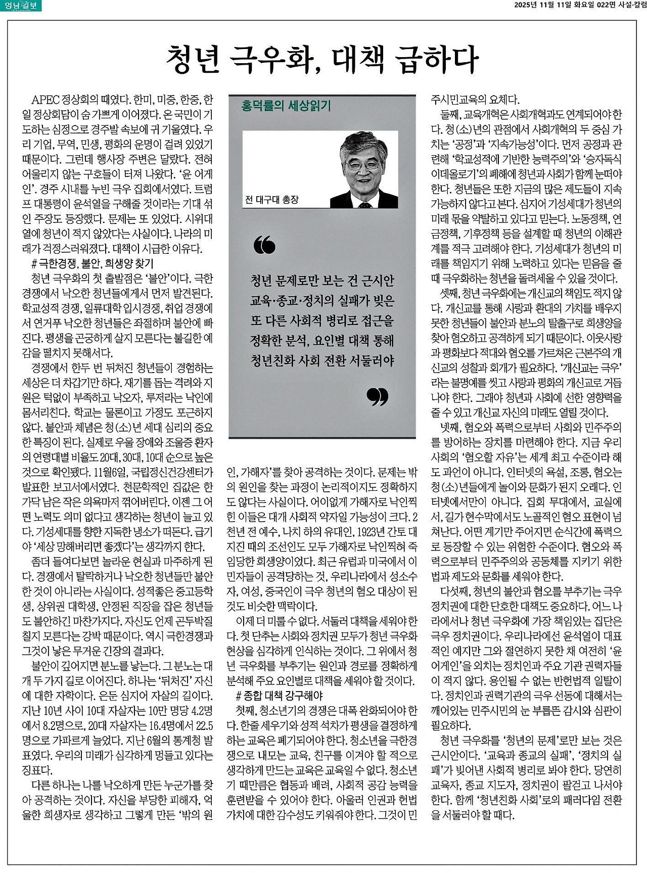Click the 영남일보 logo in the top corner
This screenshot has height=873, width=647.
pyautogui.click(x=21, y=6)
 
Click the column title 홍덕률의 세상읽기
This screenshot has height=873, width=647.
pyautogui.click(x=286, y=106)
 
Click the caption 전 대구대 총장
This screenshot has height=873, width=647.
pyautogui.click(x=271, y=200)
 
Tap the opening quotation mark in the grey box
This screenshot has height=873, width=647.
pyautogui.click(x=265, y=245)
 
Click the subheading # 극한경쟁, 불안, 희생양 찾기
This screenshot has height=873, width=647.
pyautogui.click(x=92, y=263)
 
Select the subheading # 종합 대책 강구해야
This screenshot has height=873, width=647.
pyautogui.click(x=279, y=696)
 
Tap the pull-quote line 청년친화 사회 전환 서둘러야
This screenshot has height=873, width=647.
pyautogui.click(x=322, y=361)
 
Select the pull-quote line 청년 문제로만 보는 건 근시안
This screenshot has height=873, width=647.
pyautogui.click(x=322, y=281)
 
